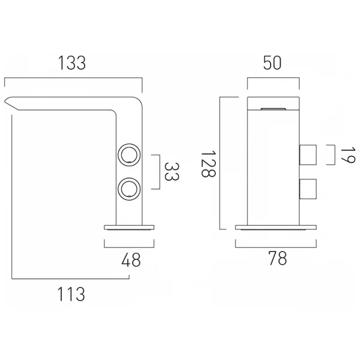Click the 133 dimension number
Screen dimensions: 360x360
(x=72, y=63)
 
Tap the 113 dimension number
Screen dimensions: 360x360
(x=71, y=294)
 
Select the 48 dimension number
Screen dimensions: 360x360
(x=131, y=260)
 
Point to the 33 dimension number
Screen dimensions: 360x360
(x=172, y=172)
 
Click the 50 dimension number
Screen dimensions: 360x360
(x=272, y=63)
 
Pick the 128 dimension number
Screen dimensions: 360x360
(x=208, y=164)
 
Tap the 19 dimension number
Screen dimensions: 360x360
(x=347, y=155)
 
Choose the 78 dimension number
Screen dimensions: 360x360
(x=278, y=259)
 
